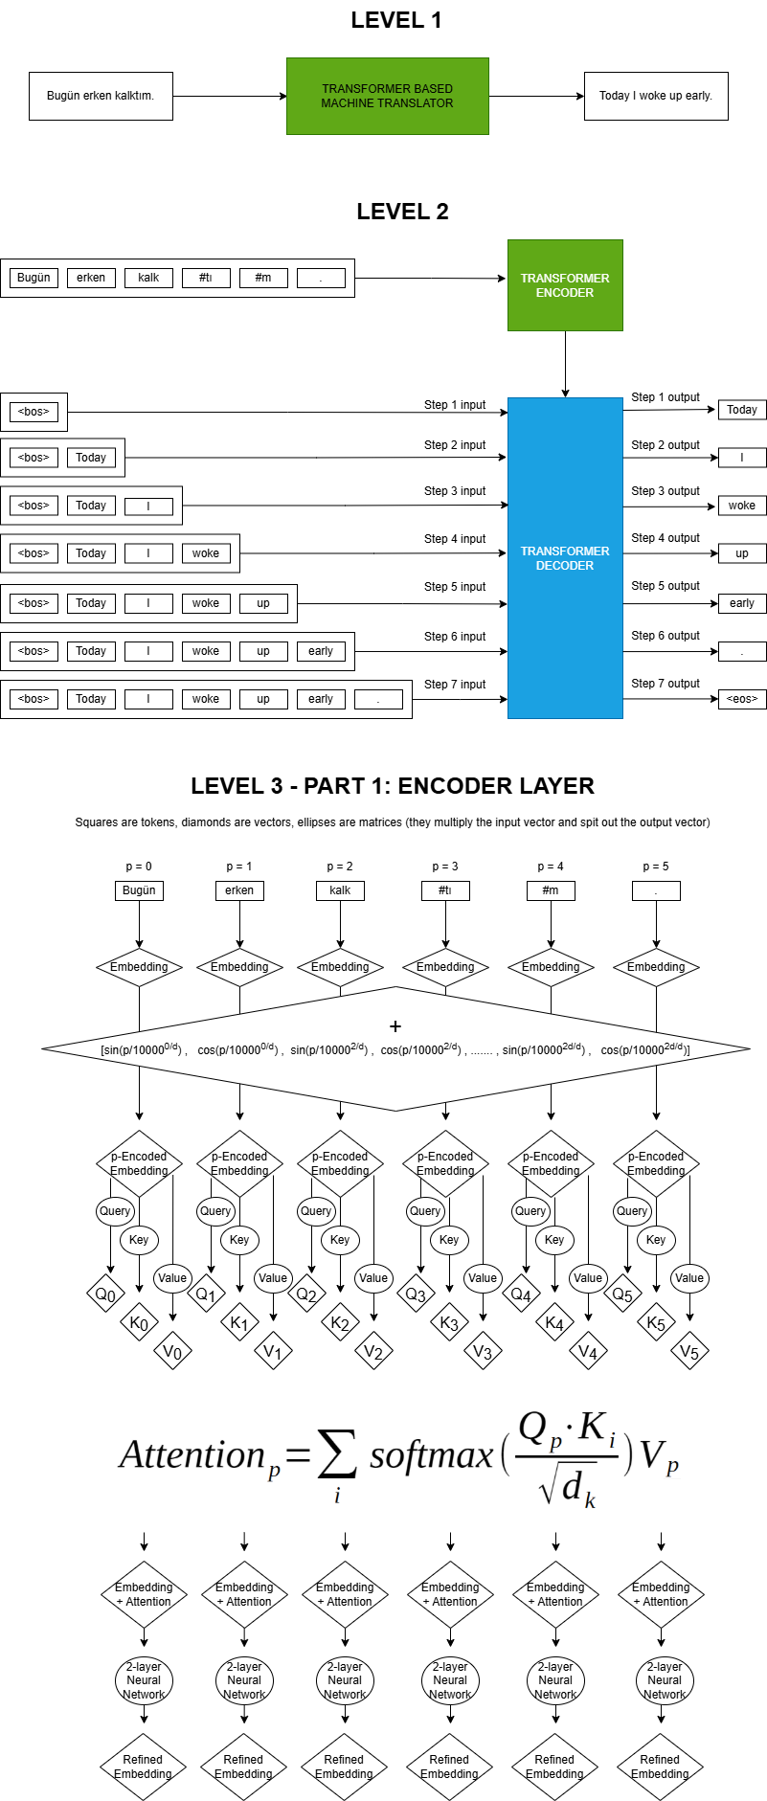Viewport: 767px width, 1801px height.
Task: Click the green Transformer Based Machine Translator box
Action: point(387,96)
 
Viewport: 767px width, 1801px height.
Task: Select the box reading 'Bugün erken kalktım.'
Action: point(101,96)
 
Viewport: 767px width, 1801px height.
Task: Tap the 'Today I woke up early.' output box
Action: point(656,96)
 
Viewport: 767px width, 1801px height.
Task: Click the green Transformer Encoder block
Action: point(565,285)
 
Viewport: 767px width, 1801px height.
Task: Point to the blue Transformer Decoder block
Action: point(565,558)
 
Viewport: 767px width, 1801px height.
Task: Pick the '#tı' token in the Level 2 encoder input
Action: point(206,278)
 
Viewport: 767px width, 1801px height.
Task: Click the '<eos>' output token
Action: point(742,699)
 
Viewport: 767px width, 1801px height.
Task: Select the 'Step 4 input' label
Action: point(455,539)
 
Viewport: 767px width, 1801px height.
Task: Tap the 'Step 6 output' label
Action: point(665,636)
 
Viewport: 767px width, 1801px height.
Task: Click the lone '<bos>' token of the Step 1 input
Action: point(34,412)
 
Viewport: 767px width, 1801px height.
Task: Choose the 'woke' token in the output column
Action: point(742,506)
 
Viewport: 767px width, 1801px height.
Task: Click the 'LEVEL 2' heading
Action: point(402,212)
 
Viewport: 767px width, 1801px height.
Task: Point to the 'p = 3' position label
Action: point(445,867)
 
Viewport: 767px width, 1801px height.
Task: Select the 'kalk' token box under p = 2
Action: point(340,890)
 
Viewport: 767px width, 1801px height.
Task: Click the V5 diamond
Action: point(689,1352)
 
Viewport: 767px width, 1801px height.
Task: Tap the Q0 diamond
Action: point(105,1294)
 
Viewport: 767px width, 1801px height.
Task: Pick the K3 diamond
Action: point(449,1323)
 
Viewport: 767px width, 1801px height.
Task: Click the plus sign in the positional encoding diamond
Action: point(395,1026)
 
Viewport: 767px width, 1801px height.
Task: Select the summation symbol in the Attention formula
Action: point(336,1455)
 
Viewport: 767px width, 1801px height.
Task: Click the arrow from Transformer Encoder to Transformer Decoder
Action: point(565,364)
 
